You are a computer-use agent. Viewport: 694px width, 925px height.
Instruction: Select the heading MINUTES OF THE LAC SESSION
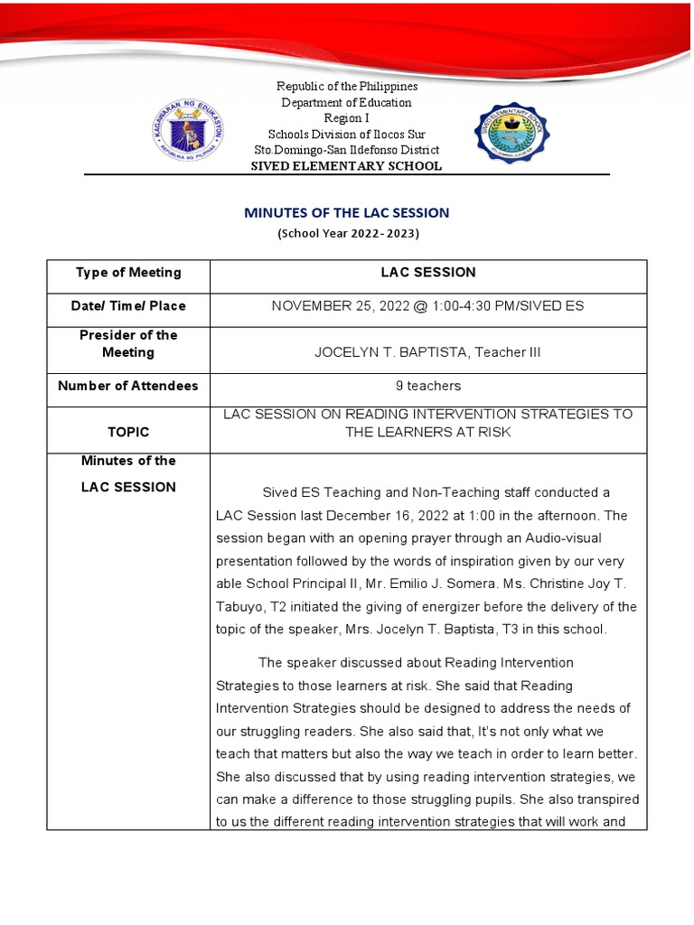pyautogui.click(x=347, y=213)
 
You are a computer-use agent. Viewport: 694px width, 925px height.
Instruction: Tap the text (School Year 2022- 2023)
pyautogui.click(x=347, y=233)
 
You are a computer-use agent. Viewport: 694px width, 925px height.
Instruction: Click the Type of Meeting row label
pyautogui.click(x=127, y=273)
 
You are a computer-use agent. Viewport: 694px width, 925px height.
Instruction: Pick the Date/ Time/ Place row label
pyautogui.click(x=127, y=306)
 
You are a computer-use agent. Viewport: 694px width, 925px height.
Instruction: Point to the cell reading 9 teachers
pyautogui.click(x=427, y=386)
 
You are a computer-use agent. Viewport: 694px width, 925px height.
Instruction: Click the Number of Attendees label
pyautogui.click(x=127, y=386)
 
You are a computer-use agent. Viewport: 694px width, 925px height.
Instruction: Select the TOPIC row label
pyautogui.click(x=127, y=432)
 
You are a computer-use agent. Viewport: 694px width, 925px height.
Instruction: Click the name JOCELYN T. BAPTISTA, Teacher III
pyautogui.click(x=427, y=351)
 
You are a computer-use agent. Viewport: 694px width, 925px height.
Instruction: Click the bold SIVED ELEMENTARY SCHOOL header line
pyautogui.click(x=347, y=166)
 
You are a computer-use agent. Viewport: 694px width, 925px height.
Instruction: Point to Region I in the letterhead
pyautogui.click(x=347, y=118)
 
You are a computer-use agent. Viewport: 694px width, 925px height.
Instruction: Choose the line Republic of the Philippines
pyautogui.click(x=347, y=87)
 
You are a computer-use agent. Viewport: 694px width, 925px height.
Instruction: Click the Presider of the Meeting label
pyautogui.click(x=127, y=343)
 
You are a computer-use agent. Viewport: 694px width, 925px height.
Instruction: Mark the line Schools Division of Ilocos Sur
pyautogui.click(x=347, y=134)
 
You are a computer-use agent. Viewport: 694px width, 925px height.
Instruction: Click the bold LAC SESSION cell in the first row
pyautogui.click(x=427, y=273)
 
